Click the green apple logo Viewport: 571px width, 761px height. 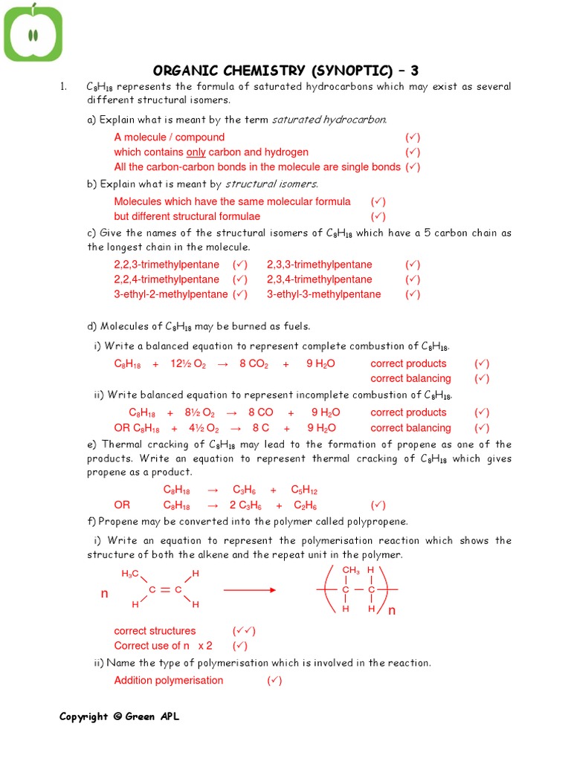(x=33, y=33)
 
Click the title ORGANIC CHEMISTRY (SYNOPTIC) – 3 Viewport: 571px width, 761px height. (x=285, y=71)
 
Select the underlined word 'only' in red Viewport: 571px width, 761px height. (x=196, y=152)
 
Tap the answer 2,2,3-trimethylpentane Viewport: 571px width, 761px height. (x=167, y=265)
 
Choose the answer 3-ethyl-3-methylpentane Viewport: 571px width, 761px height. (x=323, y=294)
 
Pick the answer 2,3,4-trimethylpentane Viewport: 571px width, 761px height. (x=319, y=279)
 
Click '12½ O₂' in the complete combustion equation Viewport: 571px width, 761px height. (x=188, y=364)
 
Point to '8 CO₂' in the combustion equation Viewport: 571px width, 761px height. (x=253, y=364)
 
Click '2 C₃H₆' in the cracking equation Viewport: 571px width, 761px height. (x=245, y=505)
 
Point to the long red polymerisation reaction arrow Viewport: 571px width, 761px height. (x=250, y=590)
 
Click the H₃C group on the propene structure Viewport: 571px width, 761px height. (x=130, y=574)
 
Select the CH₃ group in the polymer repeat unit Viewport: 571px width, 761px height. (x=350, y=571)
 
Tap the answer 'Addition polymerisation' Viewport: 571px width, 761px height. (x=168, y=681)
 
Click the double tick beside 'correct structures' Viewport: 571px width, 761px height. (x=244, y=631)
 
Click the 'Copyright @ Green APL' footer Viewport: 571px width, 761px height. (x=119, y=716)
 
